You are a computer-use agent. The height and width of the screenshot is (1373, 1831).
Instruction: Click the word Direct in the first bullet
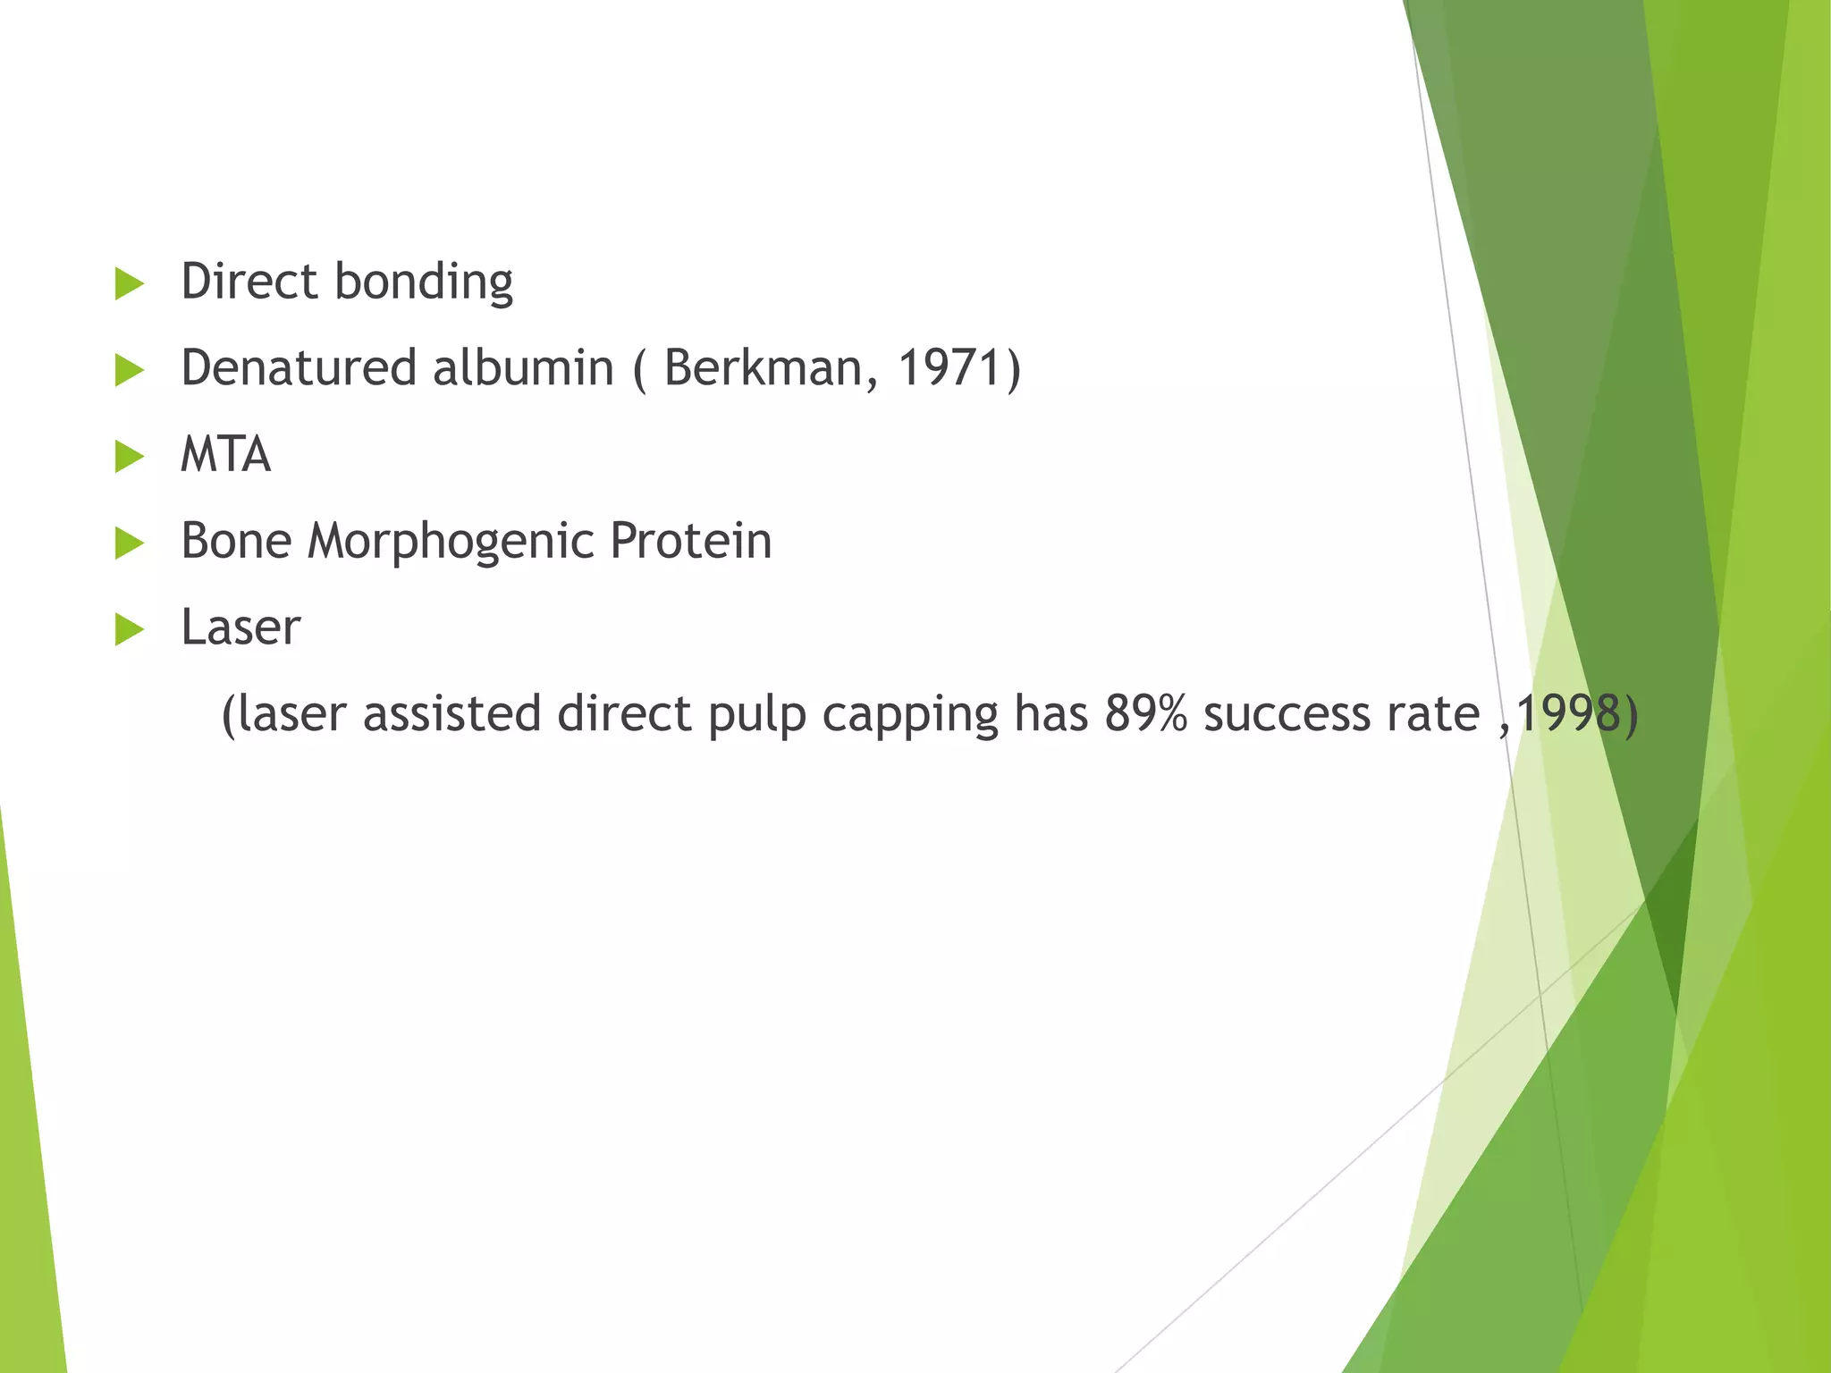(249, 282)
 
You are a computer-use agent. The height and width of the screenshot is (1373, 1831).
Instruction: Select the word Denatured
(299, 367)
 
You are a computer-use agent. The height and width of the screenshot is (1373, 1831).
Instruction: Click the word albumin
(523, 367)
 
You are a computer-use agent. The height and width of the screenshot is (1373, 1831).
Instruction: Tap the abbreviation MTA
(225, 454)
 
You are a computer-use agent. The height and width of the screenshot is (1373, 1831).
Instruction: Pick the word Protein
(690, 541)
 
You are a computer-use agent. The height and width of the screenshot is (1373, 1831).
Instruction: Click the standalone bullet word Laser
(240, 628)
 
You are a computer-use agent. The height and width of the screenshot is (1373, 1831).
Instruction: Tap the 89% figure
(1145, 714)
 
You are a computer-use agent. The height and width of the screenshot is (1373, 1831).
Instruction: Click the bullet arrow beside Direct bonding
(130, 284)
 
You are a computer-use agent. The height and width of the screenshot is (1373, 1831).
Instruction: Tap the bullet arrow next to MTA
(130, 457)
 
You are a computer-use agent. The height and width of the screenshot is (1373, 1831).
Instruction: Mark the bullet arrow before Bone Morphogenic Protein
(130, 543)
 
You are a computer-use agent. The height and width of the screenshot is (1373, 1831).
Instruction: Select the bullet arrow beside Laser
(130, 629)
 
